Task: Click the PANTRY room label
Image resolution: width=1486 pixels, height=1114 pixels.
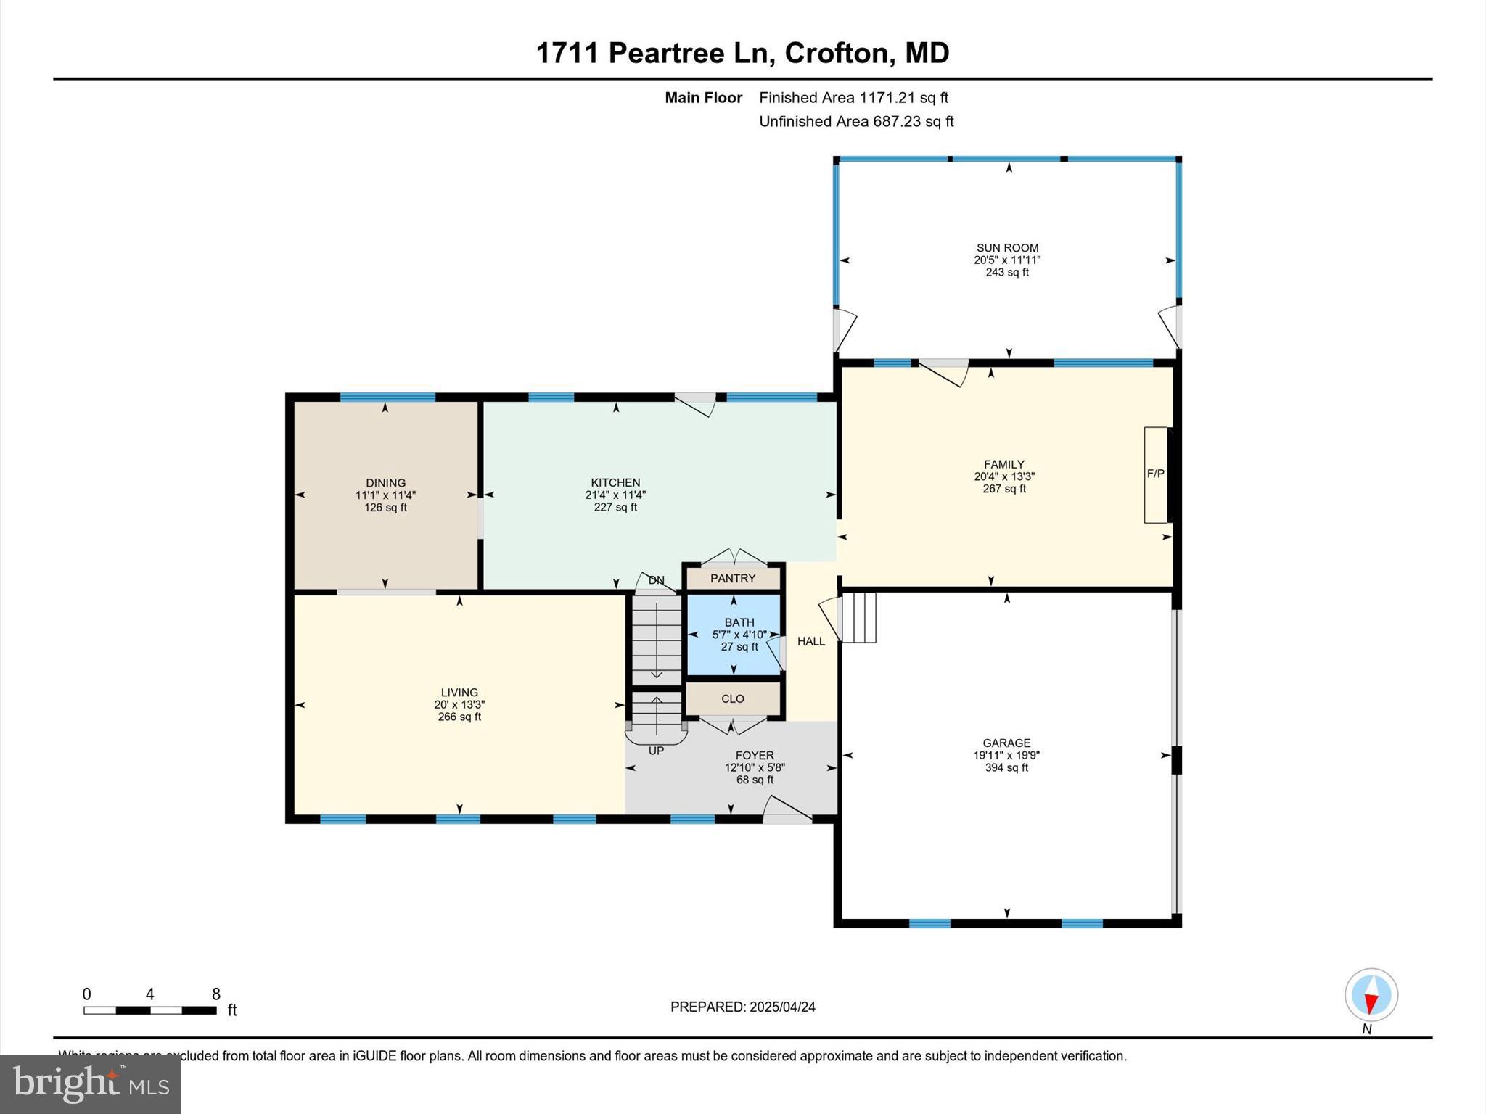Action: [x=733, y=579]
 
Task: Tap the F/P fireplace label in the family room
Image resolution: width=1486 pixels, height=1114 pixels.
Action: [x=1155, y=474]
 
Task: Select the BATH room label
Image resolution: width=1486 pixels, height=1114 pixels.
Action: [x=739, y=622]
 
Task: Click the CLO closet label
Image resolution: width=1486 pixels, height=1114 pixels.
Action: [x=733, y=699]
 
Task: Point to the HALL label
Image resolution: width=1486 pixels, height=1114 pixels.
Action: [x=811, y=641]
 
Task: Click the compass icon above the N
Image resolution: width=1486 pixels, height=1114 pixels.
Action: [x=1371, y=995]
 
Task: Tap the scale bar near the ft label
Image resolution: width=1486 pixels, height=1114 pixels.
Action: [x=149, y=1010]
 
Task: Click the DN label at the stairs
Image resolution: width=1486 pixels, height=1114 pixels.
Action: [x=656, y=580]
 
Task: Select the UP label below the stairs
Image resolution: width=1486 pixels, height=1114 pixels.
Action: [x=656, y=751]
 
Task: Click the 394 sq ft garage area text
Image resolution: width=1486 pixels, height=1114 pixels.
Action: [x=1006, y=767]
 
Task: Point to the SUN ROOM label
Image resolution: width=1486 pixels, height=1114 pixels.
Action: [x=1007, y=248]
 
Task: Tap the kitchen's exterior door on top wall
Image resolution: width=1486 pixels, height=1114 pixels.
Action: [x=696, y=405]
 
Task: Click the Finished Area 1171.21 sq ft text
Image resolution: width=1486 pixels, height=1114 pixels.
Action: [x=853, y=98]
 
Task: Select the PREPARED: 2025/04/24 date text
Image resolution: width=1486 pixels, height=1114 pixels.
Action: [x=742, y=1007]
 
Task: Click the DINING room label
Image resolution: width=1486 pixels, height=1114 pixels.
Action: [x=385, y=483]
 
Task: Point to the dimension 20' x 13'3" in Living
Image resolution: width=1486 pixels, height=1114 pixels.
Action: [x=459, y=705]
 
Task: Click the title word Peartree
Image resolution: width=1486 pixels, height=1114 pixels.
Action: [x=666, y=54]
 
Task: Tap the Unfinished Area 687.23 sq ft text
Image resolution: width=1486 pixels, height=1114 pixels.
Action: [x=856, y=122]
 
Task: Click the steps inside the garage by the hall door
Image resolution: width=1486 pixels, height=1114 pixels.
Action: [x=859, y=618]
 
